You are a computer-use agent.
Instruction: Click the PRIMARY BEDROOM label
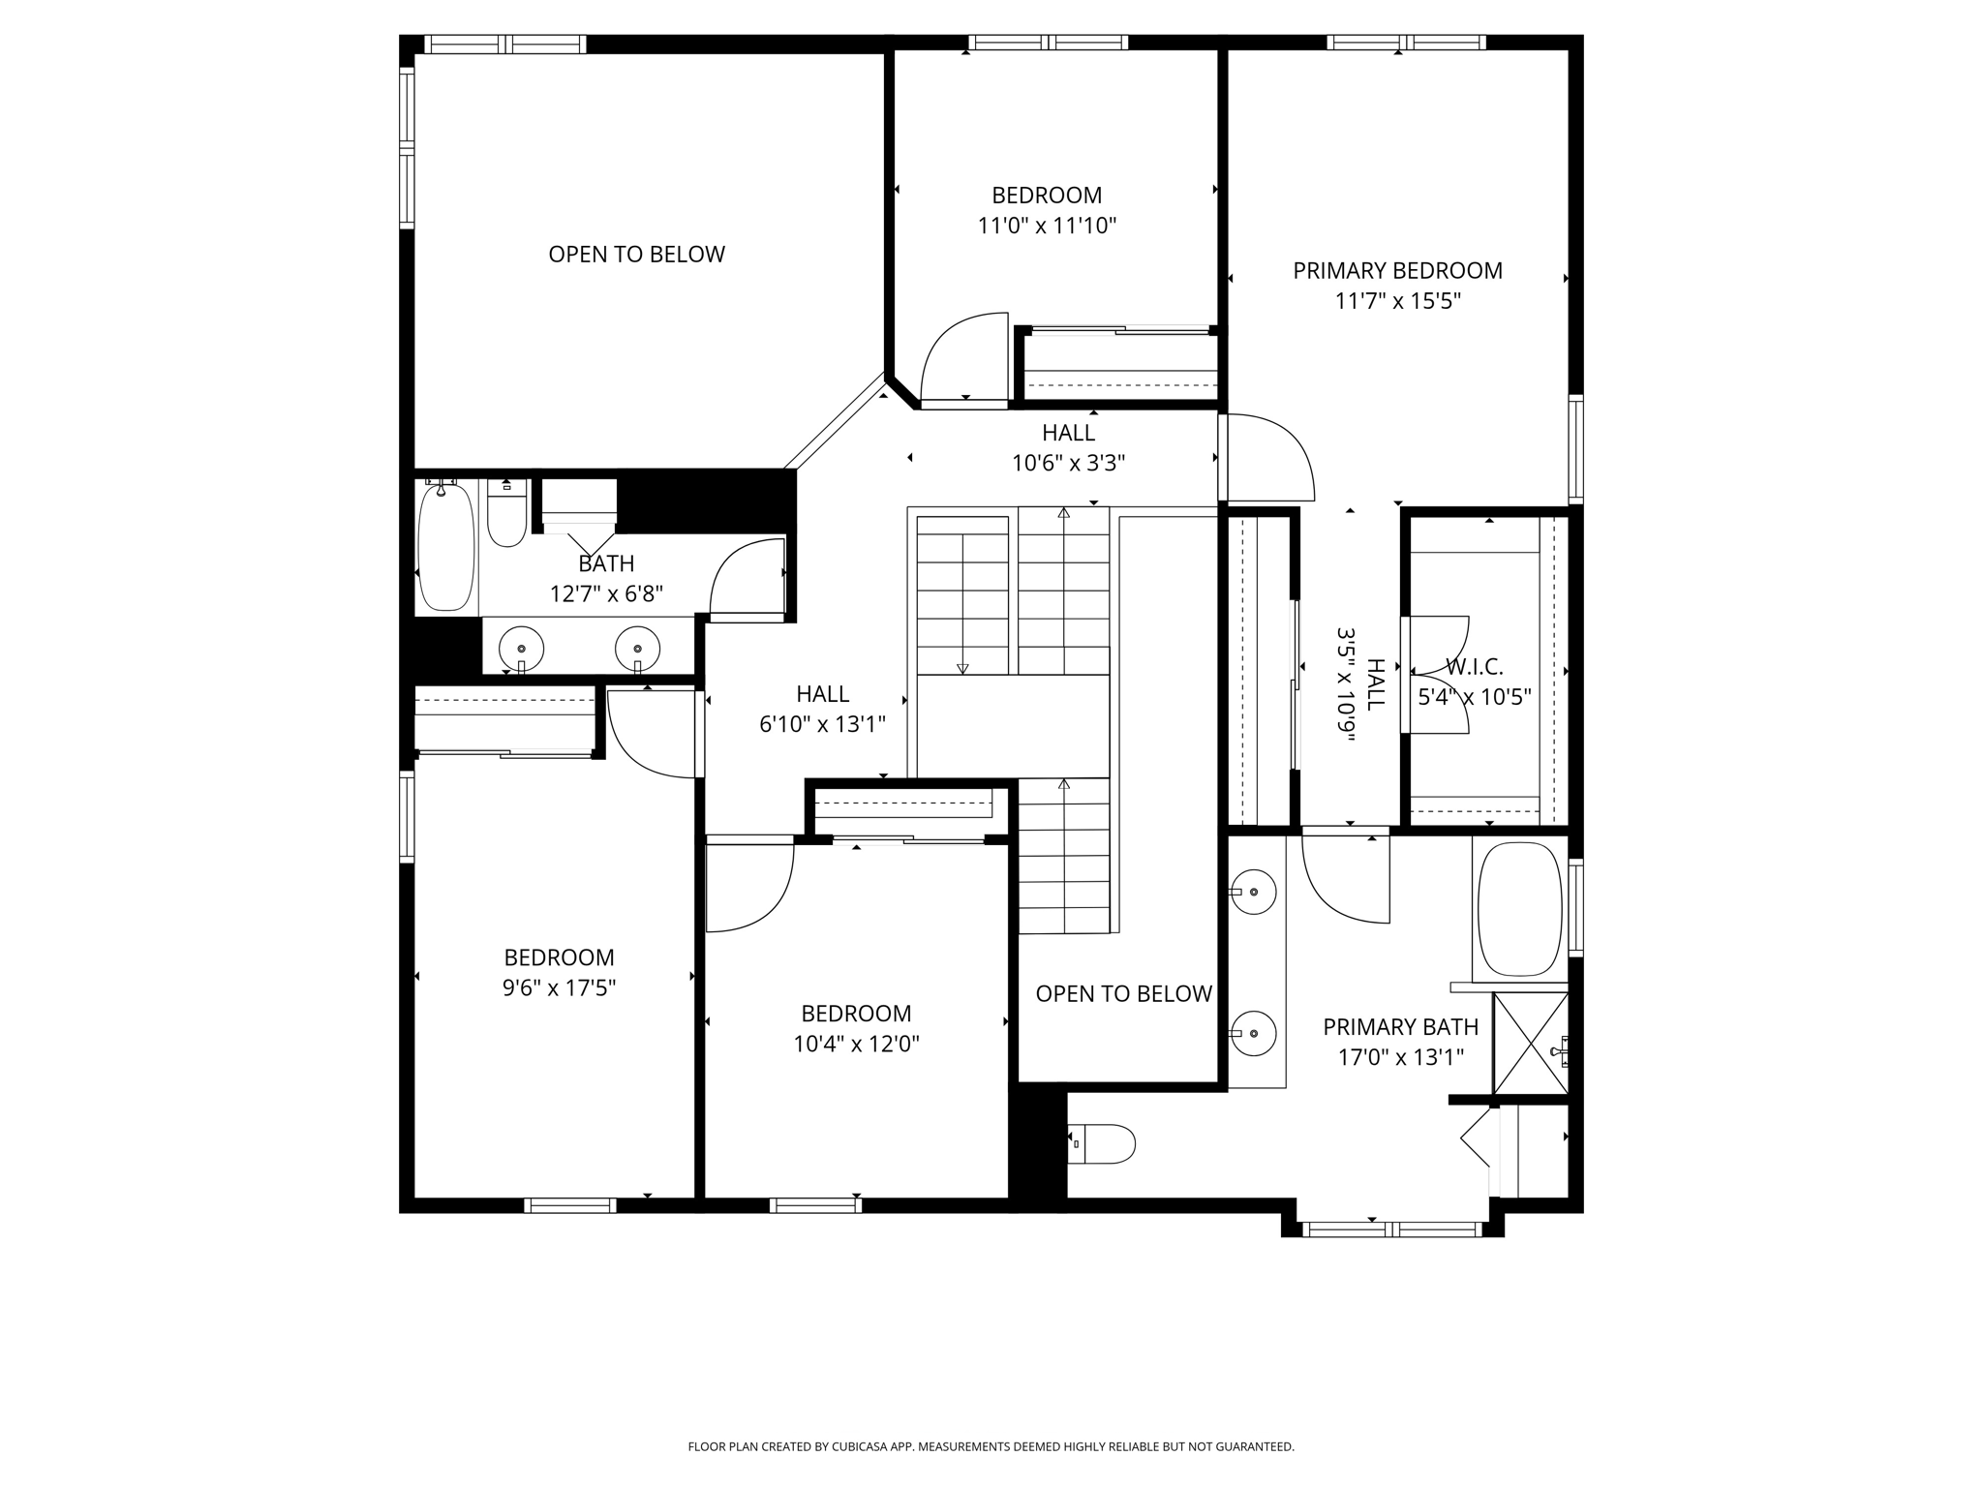(1397, 271)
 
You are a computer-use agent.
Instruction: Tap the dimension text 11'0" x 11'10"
(1047, 227)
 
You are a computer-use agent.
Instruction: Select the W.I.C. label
(1475, 667)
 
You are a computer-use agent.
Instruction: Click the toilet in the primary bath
(1103, 1144)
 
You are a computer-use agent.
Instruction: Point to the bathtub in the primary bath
(1519, 909)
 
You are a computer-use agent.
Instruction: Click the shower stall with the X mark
(1530, 1044)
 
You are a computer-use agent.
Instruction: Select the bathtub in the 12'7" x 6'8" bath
(446, 547)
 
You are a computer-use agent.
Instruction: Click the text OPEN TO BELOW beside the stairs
(1123, 994)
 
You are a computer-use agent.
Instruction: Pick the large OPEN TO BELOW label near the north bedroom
(636, 255)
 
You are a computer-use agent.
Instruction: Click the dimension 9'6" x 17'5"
(559, 988)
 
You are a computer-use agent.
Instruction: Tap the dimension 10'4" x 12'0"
(856, 1045)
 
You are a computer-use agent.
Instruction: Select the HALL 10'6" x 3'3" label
(1068, 447)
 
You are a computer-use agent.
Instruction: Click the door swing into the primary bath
(1345, 879)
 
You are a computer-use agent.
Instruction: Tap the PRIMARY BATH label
(1400, 1027)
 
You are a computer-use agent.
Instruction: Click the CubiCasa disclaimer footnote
(991, 1446)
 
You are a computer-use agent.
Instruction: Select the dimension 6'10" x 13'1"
(822, 725)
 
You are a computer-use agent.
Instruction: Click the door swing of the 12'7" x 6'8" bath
(747, 577)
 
